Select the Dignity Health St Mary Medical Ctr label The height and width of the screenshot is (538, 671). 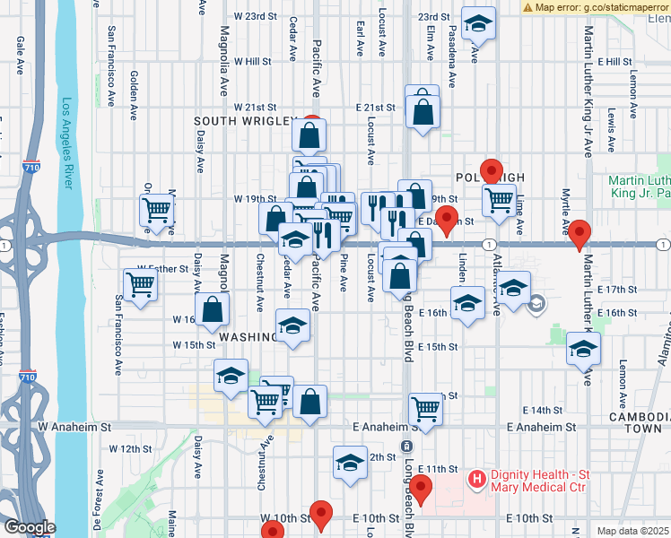click(x=537, y=481)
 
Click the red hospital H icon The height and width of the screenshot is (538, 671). click(x=476, y=482)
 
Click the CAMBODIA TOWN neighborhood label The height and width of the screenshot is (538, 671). click(x=639, y=423)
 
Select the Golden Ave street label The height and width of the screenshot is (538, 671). click(x=133, y=86)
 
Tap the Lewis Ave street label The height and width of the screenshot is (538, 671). click(x=611, y=128)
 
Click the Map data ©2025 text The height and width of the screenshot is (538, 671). click(x=632, y=531)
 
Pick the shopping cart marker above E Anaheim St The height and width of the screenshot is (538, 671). click(x=426, y=410)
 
